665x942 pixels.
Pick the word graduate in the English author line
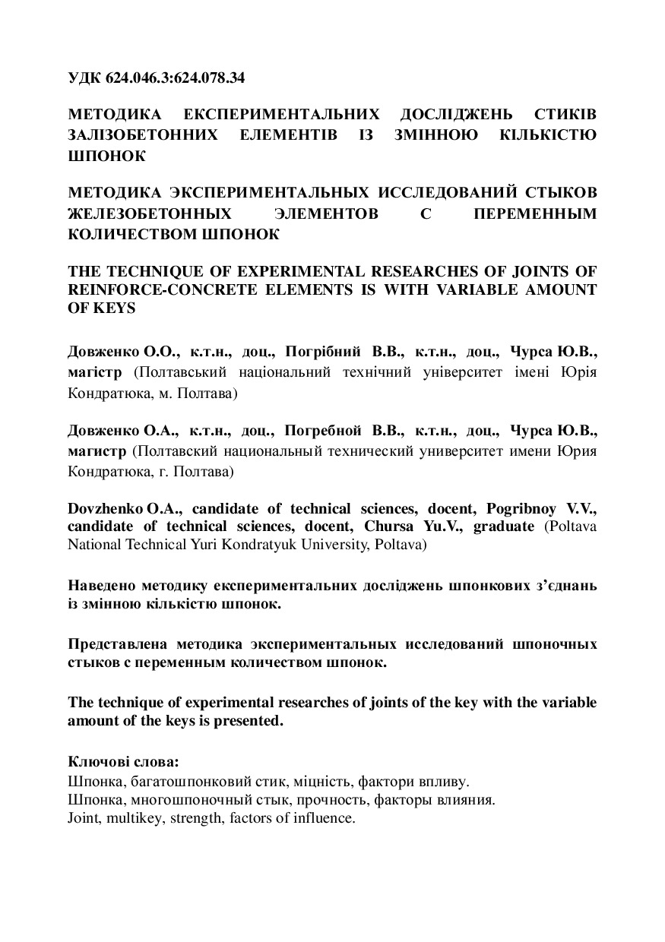click(x=504, y=527)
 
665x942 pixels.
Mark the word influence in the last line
click(x=326, y=819)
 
